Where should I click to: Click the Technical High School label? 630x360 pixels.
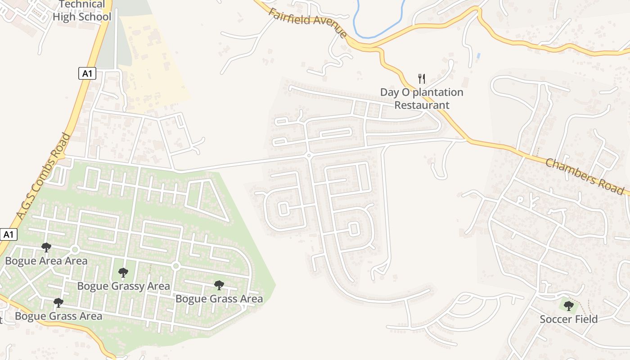click(82, 11)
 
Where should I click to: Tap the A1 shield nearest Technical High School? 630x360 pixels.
click(87, 73)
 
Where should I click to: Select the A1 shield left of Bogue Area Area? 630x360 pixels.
click(9, 234)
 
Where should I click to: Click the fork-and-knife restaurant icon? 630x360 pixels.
click(422, 79)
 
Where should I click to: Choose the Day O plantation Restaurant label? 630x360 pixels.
click(422, 99)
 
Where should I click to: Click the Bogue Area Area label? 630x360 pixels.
click(46, 261)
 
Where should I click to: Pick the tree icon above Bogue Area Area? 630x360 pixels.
click(46, 247)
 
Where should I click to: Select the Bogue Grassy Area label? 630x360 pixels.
click(123, 286)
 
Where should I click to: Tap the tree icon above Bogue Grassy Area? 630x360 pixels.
click(123, 272)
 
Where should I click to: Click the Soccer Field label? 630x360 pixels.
click(568, 319)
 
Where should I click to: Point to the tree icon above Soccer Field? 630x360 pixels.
click(568, 306)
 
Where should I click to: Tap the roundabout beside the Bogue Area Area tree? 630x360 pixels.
click(75, 250)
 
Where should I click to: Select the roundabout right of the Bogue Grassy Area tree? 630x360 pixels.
click(176, 266)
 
